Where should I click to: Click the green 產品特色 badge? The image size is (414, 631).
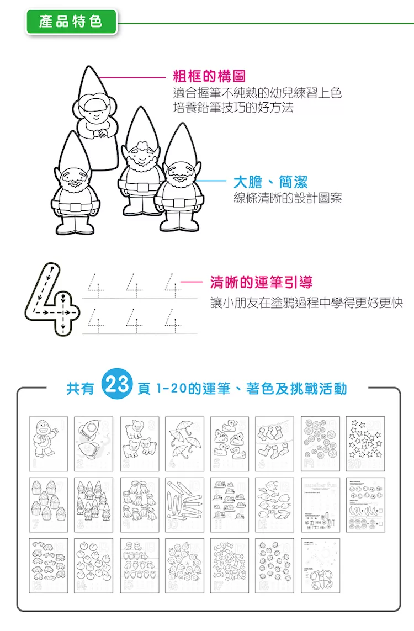(x=71, y=22)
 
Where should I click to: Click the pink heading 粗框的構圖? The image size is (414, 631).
(x=209, y=76)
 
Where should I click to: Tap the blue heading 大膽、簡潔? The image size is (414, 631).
(x=270, y=182)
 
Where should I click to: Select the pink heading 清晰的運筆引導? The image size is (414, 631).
(x=261, y=283)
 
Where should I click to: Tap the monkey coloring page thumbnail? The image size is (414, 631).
(x=49, y=443)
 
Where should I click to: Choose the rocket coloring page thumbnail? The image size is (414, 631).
(x=94, y=443)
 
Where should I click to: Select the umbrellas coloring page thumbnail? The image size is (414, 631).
(x=184, y=443)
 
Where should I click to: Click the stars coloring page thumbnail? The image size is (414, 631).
(x=365, y=443)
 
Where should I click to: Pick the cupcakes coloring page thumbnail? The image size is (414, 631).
(x=49, y=505)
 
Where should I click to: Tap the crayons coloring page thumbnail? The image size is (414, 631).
(x=184, y=505)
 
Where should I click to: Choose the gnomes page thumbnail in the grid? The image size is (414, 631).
(x=94, y=505)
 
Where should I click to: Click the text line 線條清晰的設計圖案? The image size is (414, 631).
(x=288, y=198)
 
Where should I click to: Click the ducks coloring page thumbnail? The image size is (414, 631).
(x=230, y=443)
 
